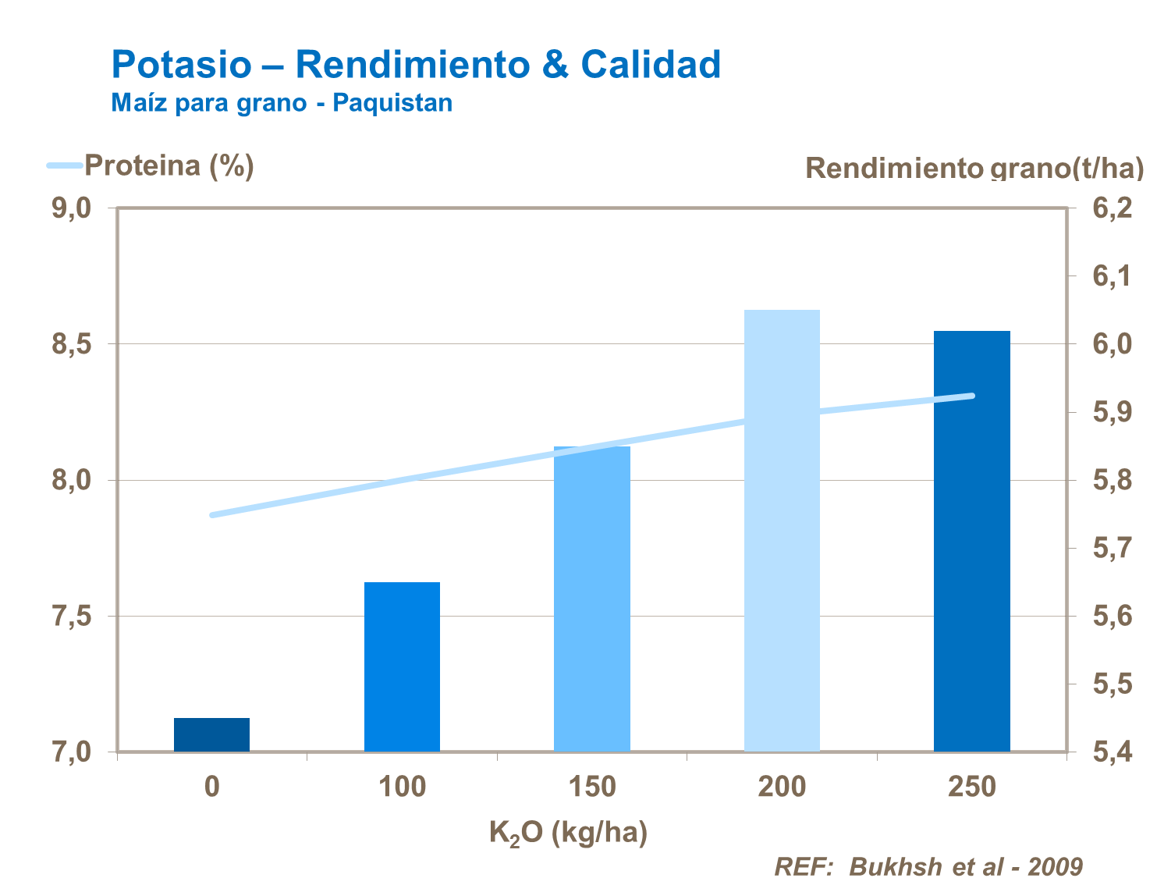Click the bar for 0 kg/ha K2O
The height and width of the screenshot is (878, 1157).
tap(211, 734)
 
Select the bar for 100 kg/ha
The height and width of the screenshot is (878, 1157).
tap(402, 666)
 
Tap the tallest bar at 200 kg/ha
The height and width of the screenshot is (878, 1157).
tap(782, 531)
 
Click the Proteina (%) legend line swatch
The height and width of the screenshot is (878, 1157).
tap(65, 165)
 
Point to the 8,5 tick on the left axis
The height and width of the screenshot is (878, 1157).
tap(72, 344)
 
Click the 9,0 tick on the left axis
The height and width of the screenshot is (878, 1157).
tap(72, 208)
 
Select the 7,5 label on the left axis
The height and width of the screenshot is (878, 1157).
tap(72, 617)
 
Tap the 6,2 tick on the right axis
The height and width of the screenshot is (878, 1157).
tap(1112, 208)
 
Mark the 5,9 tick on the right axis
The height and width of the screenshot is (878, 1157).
tap(1112, 412)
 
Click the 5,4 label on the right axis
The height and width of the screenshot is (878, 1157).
tap(1112, 752)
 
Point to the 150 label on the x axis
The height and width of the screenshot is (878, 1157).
tap(592, 787)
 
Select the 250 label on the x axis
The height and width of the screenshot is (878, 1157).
tap(972, 787)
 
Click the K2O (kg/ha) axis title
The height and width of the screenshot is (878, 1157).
tap(568, 834)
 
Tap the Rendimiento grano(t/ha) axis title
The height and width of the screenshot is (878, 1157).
tap(974, 168)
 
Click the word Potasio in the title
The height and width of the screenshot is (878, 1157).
tap(182, 64)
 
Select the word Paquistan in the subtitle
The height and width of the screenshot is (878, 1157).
tap(392, 103)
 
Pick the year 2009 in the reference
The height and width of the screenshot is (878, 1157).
tap(1055, 866)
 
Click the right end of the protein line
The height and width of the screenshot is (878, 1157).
tap(972, 396)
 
